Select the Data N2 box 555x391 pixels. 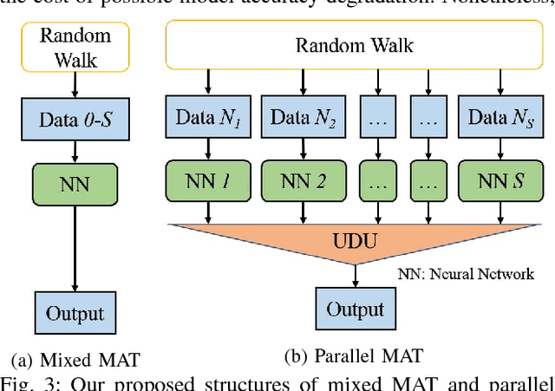301,119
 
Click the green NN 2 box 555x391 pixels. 301,183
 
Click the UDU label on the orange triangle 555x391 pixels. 355,237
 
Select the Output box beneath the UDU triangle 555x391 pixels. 355,310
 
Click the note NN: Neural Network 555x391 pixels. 466,274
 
